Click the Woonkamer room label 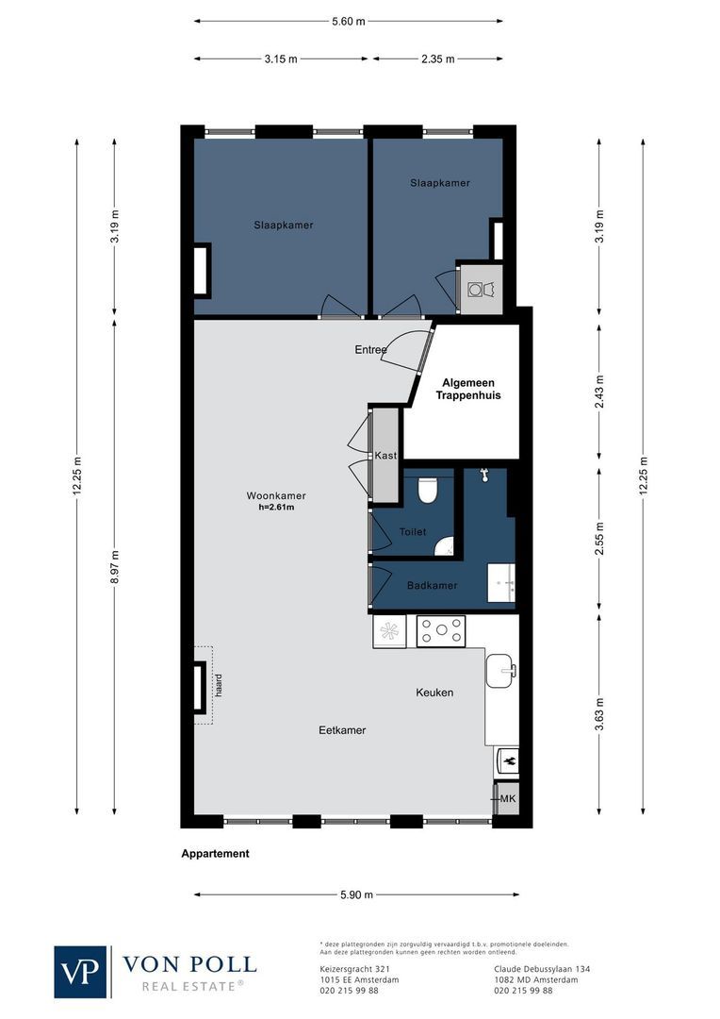pyautogui.click(x=276, y=495)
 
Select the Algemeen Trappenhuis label pyautogui.click(x=467, y=390)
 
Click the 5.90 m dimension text pyautogui.click(x=356, y=894)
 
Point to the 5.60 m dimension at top pyautogui.click(x=348, y=22)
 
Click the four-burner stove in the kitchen pyautogui.click(x=441, y=631)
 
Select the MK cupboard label pyautogui.click(x=508, y=799)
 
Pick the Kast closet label pyautogui.click(x=385, y=456)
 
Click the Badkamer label pyautogui.click(x=432, y=586)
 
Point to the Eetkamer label pyautogui.click(x=342, y=730)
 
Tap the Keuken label pyautogui.click(x=434, y=693)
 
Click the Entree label pyautogui.click(x=370, y=350)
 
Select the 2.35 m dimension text pyautogui.click(x=437, y=58)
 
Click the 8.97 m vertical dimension pyautogui.click(x=115, y=567)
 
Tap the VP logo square pyautogui.click(x=81, y=972)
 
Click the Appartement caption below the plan pyautogui.click(x=215, y=854)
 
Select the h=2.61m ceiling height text pyautogui.click(x=276, y=508)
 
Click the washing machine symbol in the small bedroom pyautogui.click(x=486, y=289)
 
